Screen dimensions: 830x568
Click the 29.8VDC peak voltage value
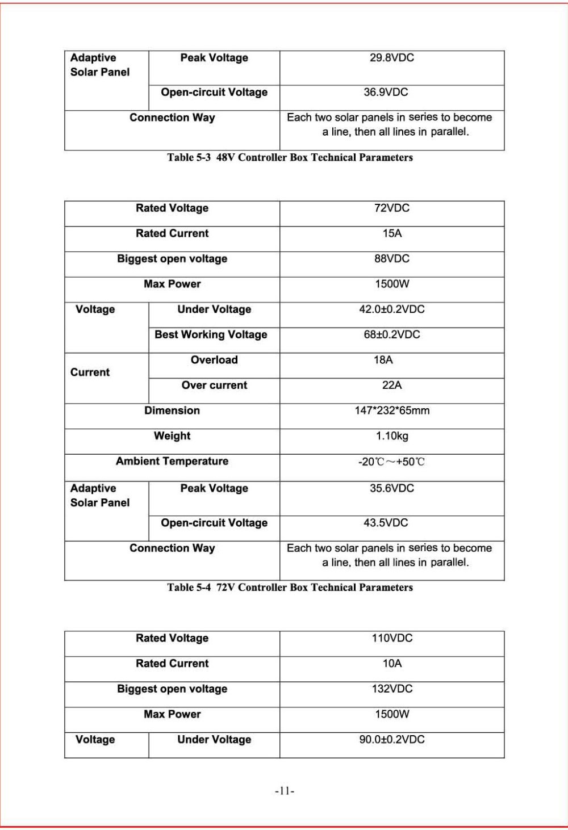click(x=391, y=58)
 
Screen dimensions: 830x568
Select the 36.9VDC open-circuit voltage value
click(x=386, y=93)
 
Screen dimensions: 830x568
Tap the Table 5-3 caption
click(x=290, y=158)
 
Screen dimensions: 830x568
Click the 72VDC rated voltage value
click(x=391, y=208)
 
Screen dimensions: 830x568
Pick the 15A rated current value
click(x=391, y=233)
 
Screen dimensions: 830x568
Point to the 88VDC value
click(x=391, y=259)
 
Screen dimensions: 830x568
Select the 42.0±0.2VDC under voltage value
click(x=391, y=309)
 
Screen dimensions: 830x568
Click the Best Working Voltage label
click(x=211, y=335)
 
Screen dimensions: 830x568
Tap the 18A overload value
click(x=383, y=360)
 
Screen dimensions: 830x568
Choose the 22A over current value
click(x=391, y=385)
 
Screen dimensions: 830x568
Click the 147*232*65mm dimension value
click(x=391, y=410)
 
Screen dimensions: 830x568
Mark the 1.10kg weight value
click(x=391, y=436)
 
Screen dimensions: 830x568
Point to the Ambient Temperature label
click(x=172, y=462)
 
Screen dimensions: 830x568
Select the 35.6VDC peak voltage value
click(x=391, y=488)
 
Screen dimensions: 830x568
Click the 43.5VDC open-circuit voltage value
click(x=386, y=523)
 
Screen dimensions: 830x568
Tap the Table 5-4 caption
click(x=290, y=588)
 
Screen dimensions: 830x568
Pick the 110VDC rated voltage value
click(x=391, y=638)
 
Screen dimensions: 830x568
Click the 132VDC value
click(x=391, y=689)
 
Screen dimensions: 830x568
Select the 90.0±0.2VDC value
click(x=391, y=740)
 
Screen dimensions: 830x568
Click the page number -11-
click(x=285, y=791)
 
